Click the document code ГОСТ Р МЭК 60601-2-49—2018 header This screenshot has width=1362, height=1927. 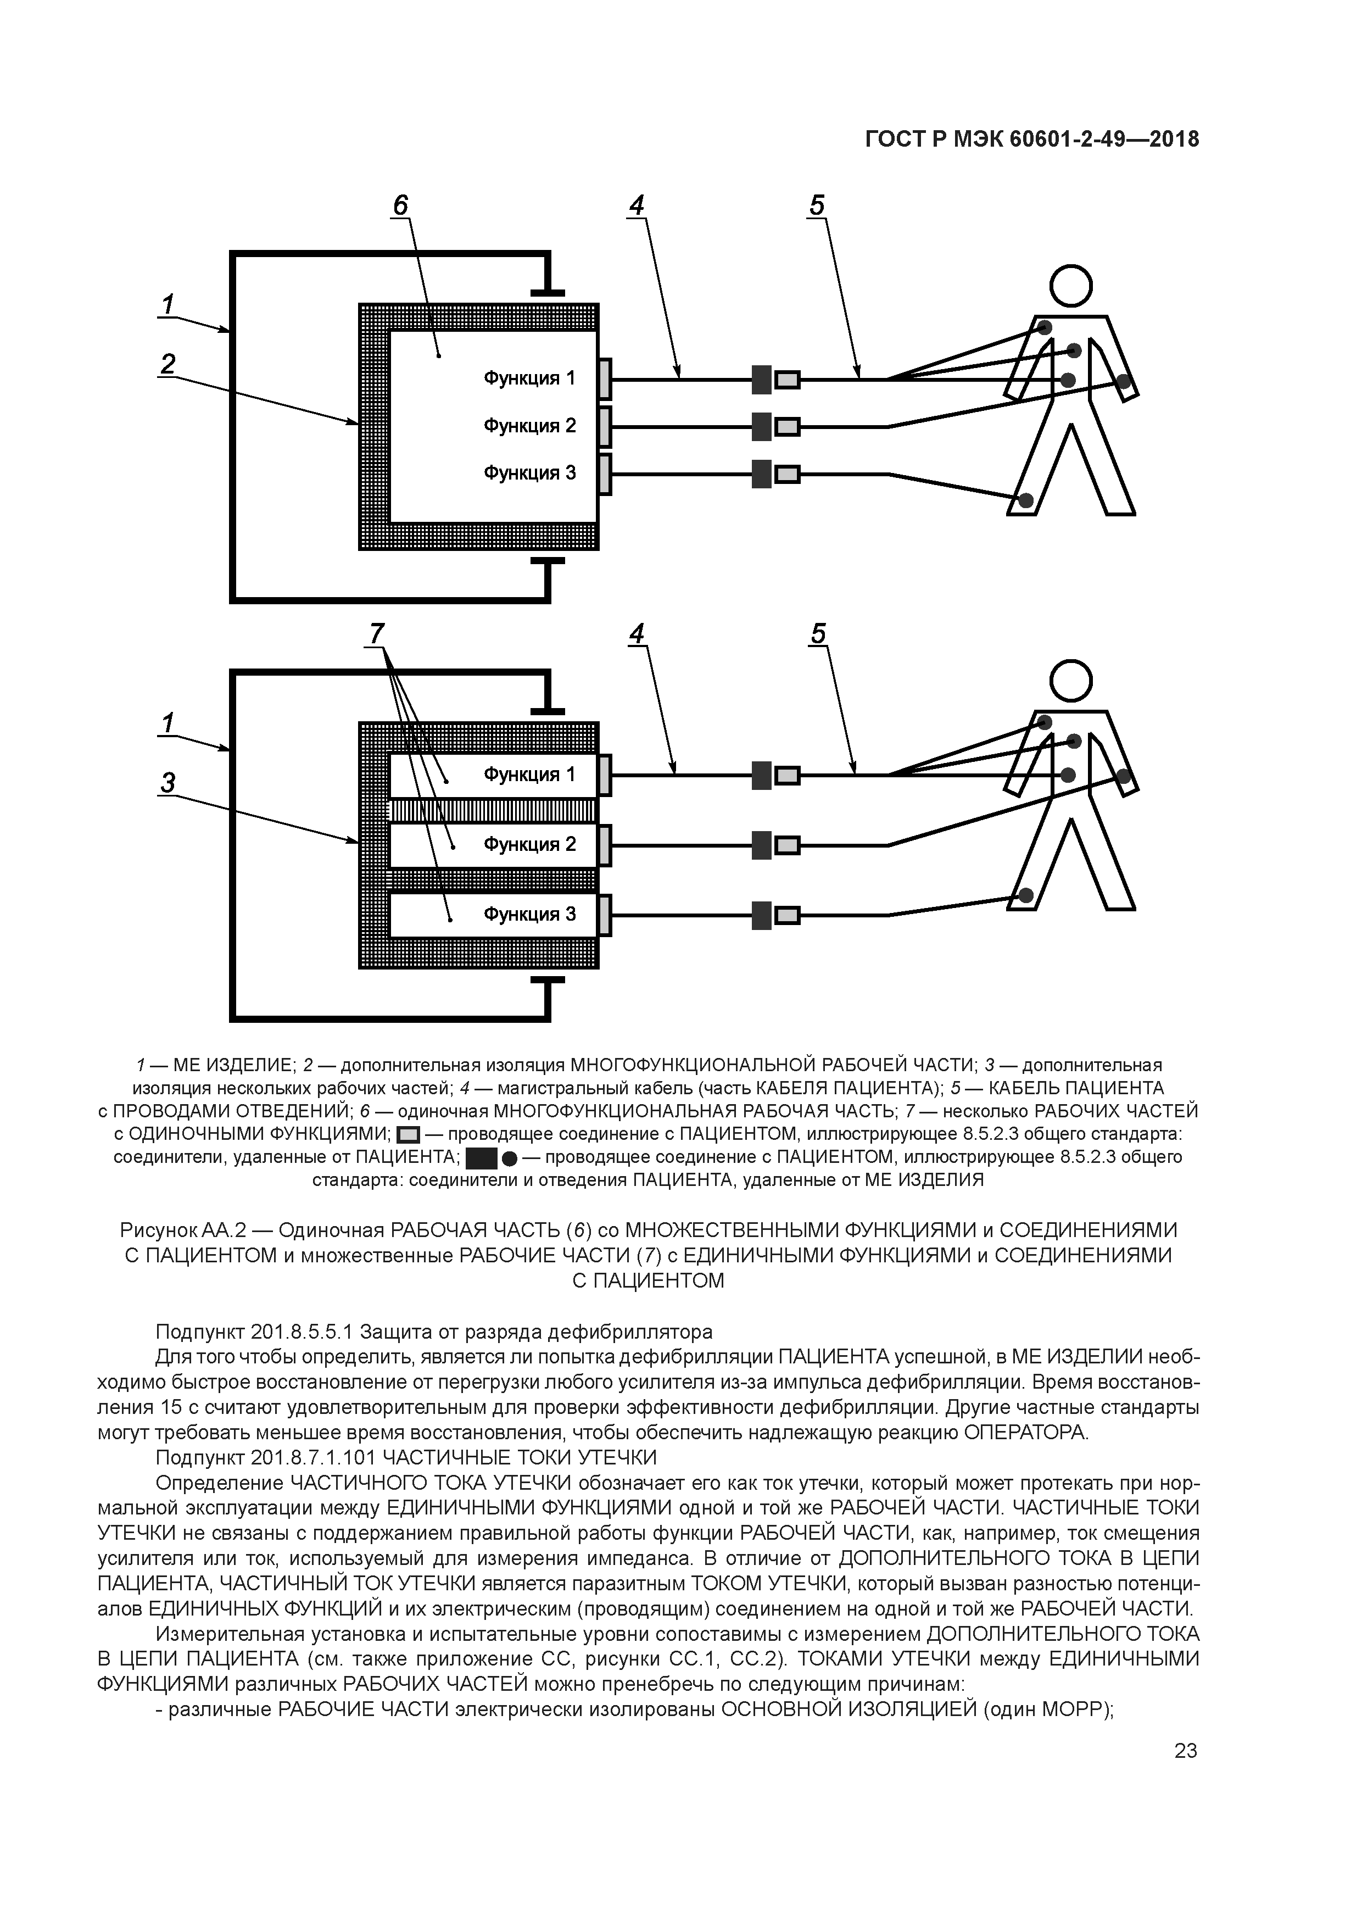coord(1031,140)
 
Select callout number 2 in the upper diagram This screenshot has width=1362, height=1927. coord(168,364)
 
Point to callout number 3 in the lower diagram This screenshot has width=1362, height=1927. coord(168,783)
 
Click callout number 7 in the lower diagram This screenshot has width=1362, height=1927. coord(377,634)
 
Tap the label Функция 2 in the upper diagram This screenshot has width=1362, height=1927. coord(529,426)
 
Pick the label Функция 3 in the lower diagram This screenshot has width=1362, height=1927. coord(529,915)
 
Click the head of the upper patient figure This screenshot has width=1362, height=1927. coord(1071,286)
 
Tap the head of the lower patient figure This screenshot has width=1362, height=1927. coord(1071,682)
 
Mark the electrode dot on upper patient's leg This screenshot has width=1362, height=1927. coord(1025,501)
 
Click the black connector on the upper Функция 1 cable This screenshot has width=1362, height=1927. coord(761,380)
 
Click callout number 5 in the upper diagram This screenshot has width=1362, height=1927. coord(817,205)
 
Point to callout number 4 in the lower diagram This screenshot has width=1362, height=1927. coord(638,634)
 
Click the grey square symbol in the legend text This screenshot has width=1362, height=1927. coord(408,1135)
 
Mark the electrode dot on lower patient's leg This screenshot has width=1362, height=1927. coord(1025,895)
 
